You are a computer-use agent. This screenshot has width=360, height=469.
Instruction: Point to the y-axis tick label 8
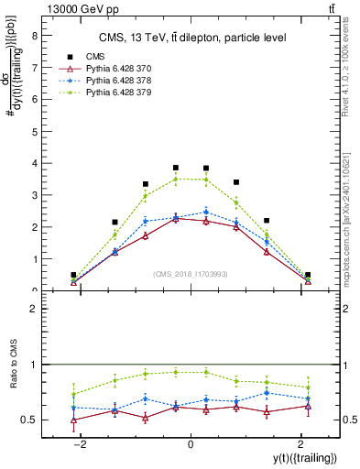(36, 37)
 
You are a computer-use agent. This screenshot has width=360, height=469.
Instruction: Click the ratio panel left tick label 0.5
(32, 420)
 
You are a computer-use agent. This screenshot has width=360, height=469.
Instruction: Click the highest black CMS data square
(176, 168)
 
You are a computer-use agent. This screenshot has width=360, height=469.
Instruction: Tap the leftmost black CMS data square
(73, 275)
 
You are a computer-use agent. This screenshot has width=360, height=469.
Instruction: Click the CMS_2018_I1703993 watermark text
(191, 275)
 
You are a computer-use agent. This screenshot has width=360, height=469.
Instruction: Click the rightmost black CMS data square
(308, 275)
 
